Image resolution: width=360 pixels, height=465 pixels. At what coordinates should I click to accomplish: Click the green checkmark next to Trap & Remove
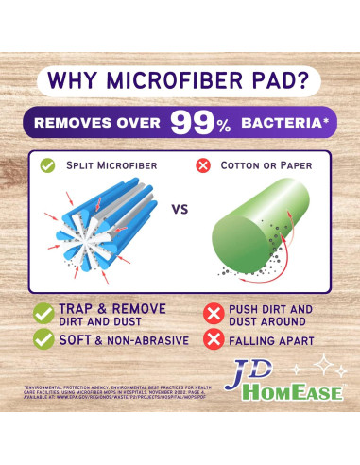(x=43, y=313)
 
